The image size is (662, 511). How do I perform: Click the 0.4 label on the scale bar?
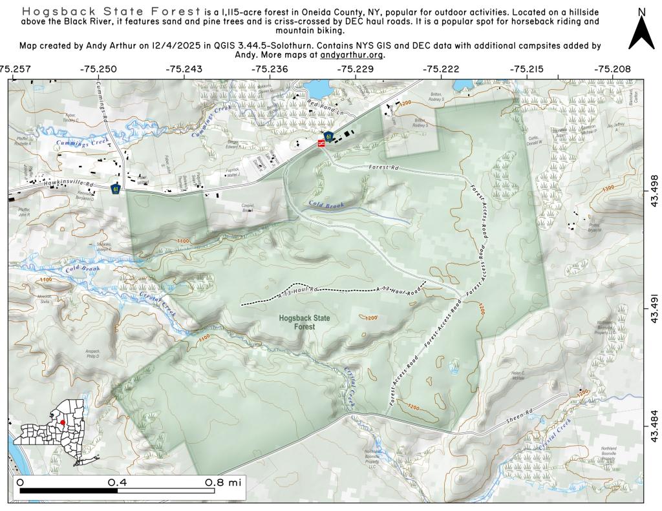click(x=117, y=482)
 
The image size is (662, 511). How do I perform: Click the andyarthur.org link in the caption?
click(x=352, y=55)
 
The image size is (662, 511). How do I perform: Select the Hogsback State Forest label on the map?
click(x=297, y=322)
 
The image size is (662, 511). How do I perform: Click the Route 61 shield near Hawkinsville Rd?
click(x=116, y=189)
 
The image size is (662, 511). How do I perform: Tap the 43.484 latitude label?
click(x=654, y=427)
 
